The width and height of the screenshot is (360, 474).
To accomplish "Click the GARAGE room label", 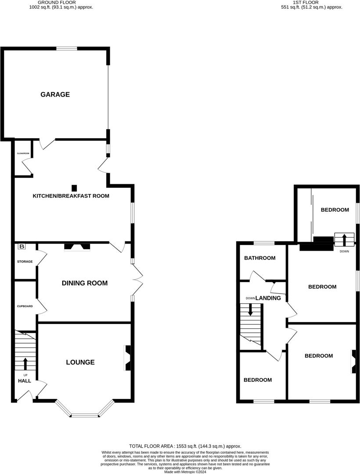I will pos(55,94).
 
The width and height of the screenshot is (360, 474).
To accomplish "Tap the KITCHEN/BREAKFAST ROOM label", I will pos(71,196).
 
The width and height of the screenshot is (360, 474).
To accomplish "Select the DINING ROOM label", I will pos(85,283).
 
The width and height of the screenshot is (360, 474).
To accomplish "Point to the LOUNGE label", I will pos(80,362).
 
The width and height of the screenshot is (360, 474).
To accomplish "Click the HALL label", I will pos(25,381).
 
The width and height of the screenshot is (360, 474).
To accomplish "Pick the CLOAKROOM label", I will pos(23,154).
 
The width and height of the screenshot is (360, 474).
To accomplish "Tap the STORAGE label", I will pos(25,262).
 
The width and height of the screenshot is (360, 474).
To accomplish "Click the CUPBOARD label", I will pos(25,306).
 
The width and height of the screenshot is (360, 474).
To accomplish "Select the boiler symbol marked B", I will pos(22,247).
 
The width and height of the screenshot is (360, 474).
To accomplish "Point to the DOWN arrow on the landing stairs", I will pos(251,309).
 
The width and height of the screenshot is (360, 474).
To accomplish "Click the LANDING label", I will pos(268,298).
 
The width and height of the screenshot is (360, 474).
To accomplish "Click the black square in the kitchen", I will pos(74,187).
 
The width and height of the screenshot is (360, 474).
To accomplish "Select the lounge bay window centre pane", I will pos(85,415).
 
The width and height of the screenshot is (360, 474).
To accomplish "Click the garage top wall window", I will pos(67,48).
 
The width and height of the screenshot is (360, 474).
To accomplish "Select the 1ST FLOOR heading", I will pos(312,2).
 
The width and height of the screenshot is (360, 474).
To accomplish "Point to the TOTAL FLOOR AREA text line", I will pos(185,446).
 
